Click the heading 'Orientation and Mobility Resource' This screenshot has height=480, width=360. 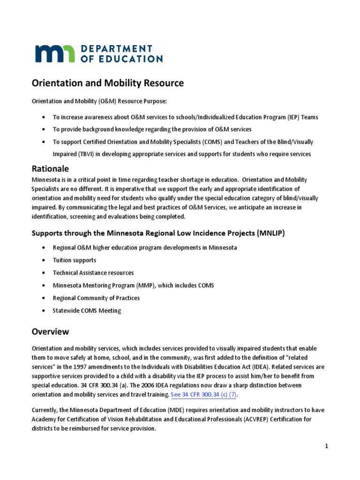[107, 83]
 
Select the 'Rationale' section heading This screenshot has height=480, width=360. [50, 168]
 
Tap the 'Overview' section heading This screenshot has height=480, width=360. [50, 331]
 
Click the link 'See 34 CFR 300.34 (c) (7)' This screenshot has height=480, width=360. [203, 395]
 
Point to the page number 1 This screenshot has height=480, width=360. [327, 447]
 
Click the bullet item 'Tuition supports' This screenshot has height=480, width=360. [75, 260]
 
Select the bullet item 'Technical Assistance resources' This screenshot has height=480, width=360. [93, 273]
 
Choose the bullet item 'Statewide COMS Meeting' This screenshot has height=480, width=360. [87, 311]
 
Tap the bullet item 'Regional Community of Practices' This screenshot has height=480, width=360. [96, 298]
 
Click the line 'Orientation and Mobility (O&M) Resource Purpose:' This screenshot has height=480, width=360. [99, 101]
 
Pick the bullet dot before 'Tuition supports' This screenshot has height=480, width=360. [44, 260]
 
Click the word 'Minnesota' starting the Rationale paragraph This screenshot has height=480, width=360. [45, 180]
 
